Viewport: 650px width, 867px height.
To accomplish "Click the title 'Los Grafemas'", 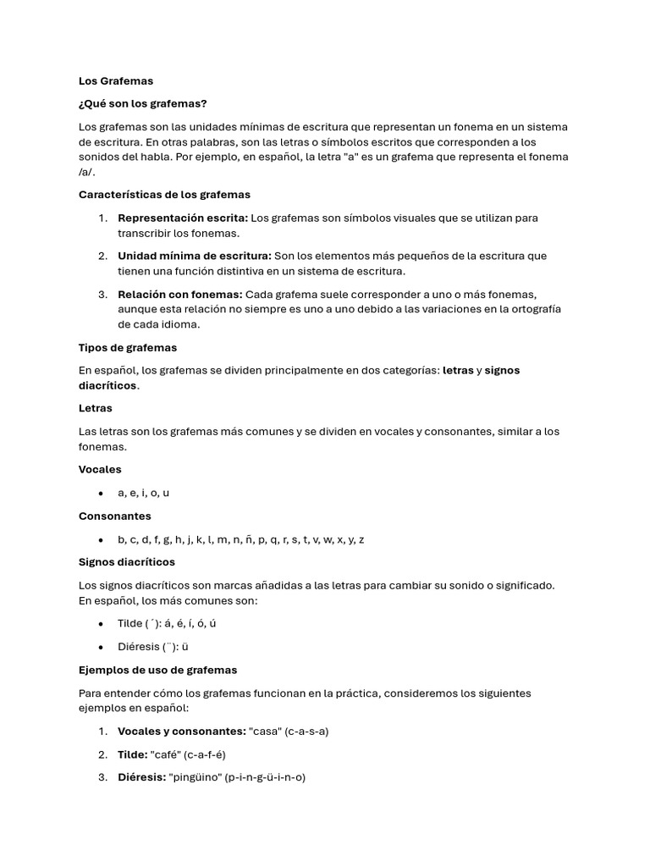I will pos(116,81).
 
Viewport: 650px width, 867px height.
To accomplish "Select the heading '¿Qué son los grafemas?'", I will pos(142,104).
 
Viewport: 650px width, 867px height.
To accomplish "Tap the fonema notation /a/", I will pos(86,172).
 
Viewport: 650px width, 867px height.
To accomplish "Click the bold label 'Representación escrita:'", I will pos(183,218).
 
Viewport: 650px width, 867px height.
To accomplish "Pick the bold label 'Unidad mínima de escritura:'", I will pos(195,256).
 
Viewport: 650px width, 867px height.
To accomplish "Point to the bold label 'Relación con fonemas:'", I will pos(180,294).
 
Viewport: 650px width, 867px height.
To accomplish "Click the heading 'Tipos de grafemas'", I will pos(128,347).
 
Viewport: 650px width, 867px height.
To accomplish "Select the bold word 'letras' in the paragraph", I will pos(458,371).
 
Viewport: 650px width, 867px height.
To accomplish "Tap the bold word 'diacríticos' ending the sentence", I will pos(107,385).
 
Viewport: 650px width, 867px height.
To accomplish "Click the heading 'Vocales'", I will pos(100,469).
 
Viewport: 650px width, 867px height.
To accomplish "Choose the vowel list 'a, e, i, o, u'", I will pos(144,493).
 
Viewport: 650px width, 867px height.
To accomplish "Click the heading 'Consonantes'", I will pos(115,516).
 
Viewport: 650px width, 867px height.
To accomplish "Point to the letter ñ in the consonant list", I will pos(250,539).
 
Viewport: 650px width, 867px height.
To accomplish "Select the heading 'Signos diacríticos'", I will pos(127,562).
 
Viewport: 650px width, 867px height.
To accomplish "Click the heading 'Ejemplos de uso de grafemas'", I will pos(158,670).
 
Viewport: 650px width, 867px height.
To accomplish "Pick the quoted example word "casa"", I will pos(267,732).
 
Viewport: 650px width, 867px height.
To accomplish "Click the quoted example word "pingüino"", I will pos(196,776).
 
